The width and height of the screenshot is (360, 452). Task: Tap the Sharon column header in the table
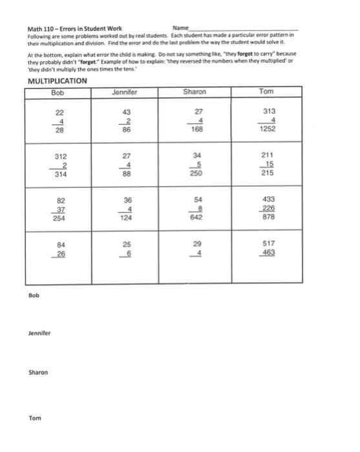(x=195, y=92)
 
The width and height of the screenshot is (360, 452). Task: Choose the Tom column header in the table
(x=266, y=92)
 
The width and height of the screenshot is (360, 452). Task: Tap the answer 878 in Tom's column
(x=266, y=218)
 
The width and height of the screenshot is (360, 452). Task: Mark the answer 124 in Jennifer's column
(x=126, y=218)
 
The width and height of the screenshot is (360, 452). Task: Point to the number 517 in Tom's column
(x=266, y=245)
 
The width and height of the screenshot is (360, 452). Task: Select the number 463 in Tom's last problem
(x=267, y=253)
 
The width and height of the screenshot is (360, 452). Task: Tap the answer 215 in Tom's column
(x=267, y=174)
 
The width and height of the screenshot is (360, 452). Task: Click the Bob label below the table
(x=34, y=296)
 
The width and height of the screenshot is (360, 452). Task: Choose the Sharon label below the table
(x=37, y=373)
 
